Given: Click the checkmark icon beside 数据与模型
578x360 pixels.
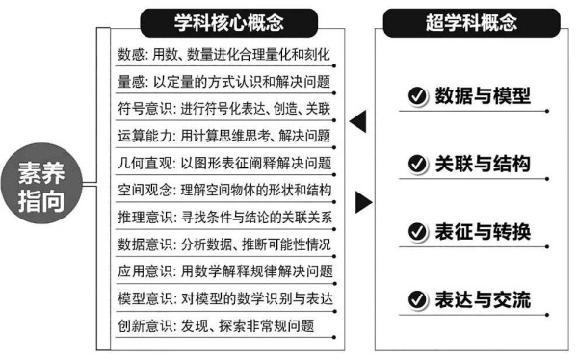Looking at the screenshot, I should click(417, 95).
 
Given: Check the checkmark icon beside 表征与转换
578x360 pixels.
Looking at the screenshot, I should click(417, 232).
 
